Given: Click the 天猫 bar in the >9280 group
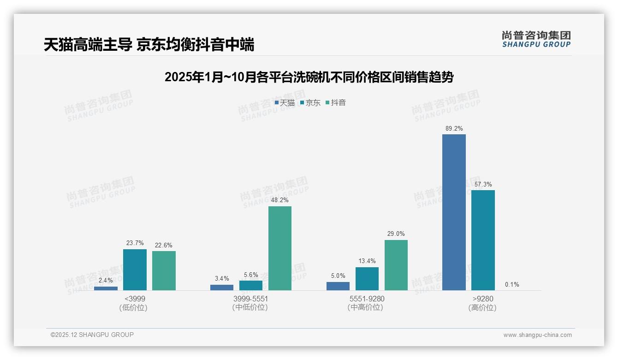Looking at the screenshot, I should pyautogui.click(x=454, y=212).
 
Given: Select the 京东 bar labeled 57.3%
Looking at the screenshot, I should pyautogui.click(x=483, y=240).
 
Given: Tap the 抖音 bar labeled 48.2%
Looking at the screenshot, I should pyautogui.click(x=280, y=248).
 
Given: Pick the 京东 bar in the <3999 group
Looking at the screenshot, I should pyautogui.click(x=135, y=270).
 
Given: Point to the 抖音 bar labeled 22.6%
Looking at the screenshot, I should pyautogui.click(x=164, y=270).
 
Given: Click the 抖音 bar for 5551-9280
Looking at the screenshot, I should pyautogui.click(x=396, y=265).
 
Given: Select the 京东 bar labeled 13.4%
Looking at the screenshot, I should pyautogui.click(x=367, y=279).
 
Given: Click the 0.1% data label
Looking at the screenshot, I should pyautogui.click(x=512, y=284).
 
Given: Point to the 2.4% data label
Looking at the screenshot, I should pyautogui.click(x=106, y=280).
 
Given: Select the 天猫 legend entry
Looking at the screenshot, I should pyautogui.click(x=285, y=103).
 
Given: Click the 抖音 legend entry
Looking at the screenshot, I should pyautogui.click(x=336, y=103).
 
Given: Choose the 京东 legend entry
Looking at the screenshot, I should pyautogui.click(x=310, y=103).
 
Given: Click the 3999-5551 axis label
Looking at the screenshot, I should pyautogui.click(x=250, y=299).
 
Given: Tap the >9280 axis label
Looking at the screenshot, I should pyautogui.click(x=482, y=299).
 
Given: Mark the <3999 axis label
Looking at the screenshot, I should pyautogui.click(x=133, y=299).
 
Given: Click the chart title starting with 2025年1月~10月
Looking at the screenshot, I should pyautogui.click(x=309, y=77).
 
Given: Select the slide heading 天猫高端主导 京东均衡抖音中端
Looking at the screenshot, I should pyautogui.click(x=149, y=45).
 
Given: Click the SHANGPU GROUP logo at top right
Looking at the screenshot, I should pyautogui.click(x=536, y=39).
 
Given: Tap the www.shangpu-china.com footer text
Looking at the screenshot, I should pyautogui.click(x=537, y=335).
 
